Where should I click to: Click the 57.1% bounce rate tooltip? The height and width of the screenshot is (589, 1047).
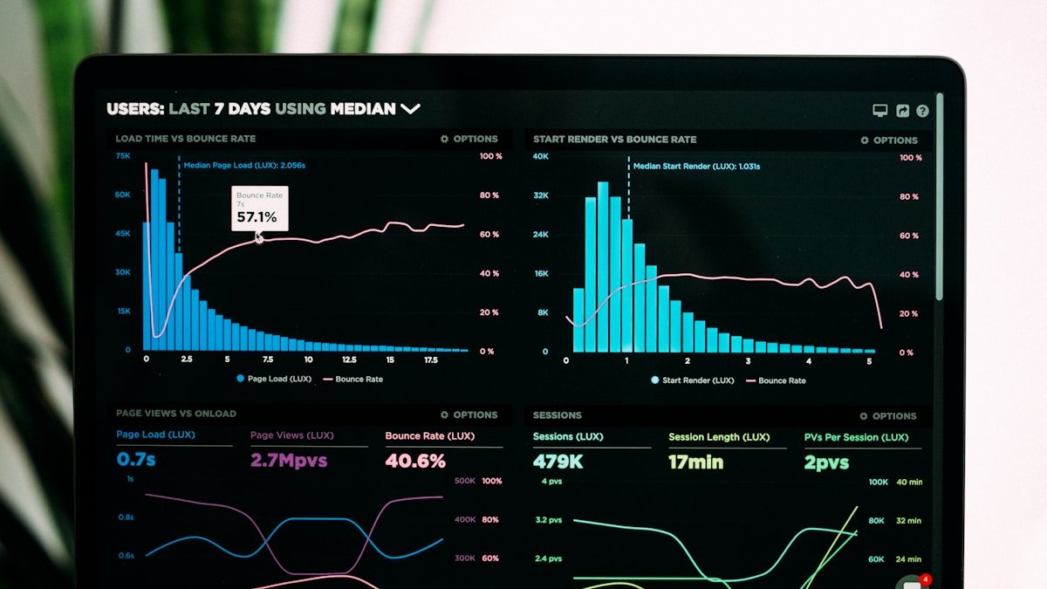click(259, 209)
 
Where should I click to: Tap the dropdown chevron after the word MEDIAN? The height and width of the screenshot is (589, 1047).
click(410, 109)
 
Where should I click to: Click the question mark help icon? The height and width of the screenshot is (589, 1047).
click(922, 111)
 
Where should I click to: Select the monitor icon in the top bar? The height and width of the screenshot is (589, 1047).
click(879, 111)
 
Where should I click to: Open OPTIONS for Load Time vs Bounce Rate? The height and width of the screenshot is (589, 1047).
click(469, 139)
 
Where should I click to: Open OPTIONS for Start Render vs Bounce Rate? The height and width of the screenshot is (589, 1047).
click(889, 140)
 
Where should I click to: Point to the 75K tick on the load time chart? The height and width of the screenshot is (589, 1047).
click(123, 155)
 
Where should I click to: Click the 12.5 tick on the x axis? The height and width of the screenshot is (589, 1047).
click(349, 360)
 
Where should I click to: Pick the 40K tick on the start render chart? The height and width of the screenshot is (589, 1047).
click(541, 156)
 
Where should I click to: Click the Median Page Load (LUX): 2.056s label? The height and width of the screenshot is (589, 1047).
click(244, 164)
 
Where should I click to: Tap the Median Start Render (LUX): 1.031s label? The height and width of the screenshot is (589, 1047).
click(696, 166)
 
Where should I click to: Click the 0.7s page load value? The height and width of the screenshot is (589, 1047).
click(136, 459)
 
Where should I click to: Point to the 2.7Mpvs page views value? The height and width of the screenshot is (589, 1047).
click(289, 460)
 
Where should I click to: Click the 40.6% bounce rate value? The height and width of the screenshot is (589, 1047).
click(415, 461)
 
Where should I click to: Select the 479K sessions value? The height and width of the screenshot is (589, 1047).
click(558, 462)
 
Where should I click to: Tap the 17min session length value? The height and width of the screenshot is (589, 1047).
click(695, 462)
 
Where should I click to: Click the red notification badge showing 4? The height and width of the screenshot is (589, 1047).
click(926, 579)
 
